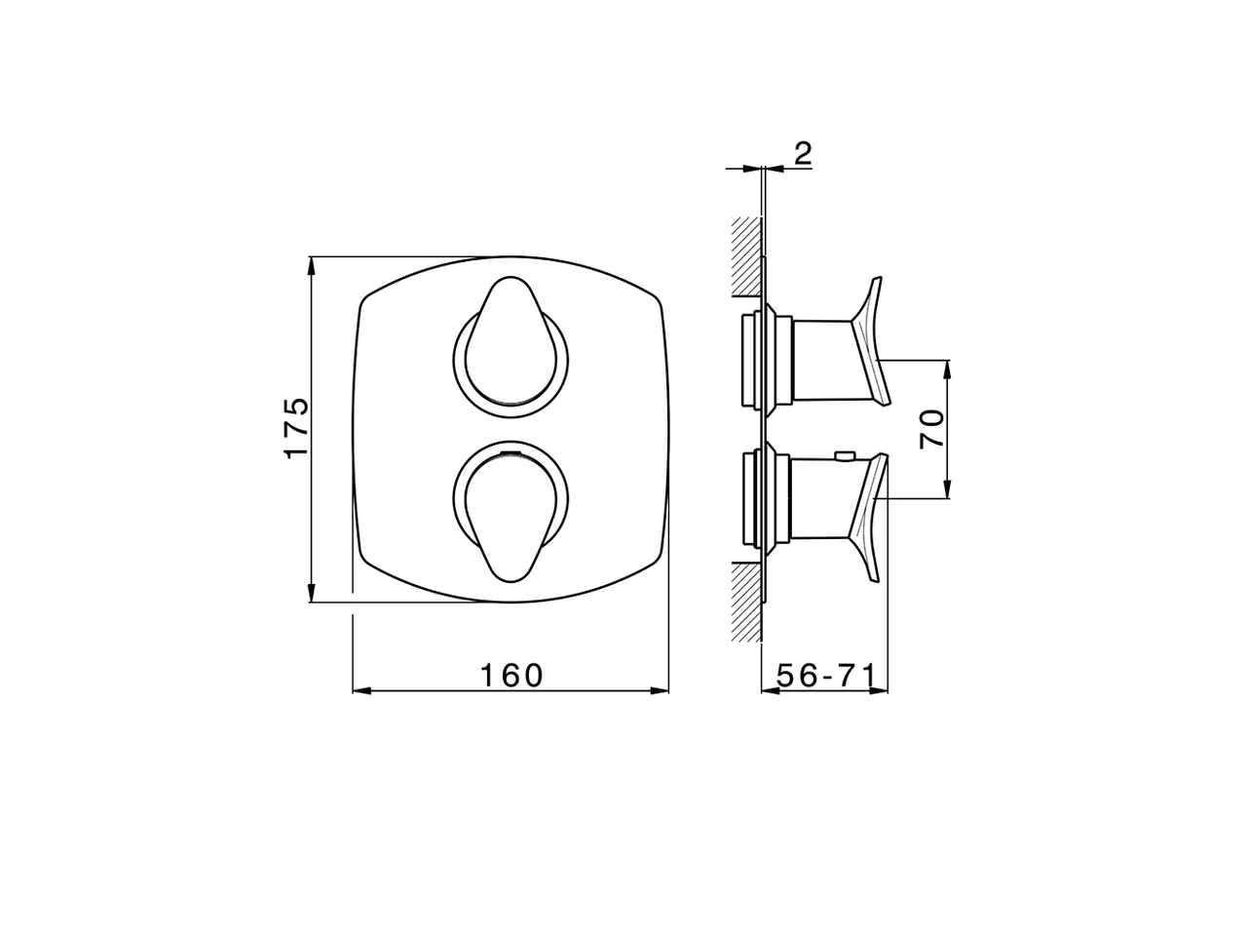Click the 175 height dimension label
[x=296, y=427]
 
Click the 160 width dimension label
[x=511, y=676]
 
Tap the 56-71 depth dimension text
[x=826, y=676]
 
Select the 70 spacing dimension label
[x=931, y=429]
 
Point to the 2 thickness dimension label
[x=803, y=153]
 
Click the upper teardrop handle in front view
[x=510, y=342]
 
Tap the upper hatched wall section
[x=746, y=256]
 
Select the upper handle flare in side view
[x=869, y=342]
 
